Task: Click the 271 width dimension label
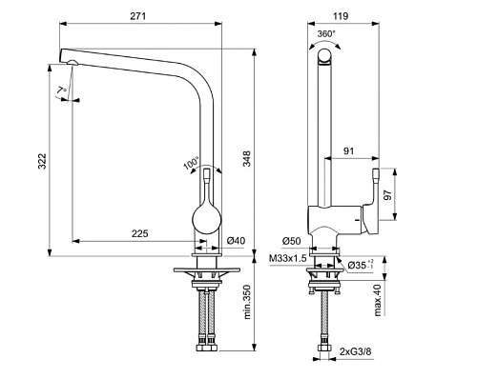pos(138,16)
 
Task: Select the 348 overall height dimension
pos(247,158)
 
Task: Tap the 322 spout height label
pos(42,161)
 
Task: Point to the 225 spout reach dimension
pos(140,233)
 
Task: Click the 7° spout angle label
pos(62,90)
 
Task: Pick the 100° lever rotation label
pos(191,163)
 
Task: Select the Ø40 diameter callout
pos(236,241)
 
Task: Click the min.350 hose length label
pos(247,302)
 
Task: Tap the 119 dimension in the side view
pos(342,16)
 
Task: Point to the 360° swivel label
pos(326,34)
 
